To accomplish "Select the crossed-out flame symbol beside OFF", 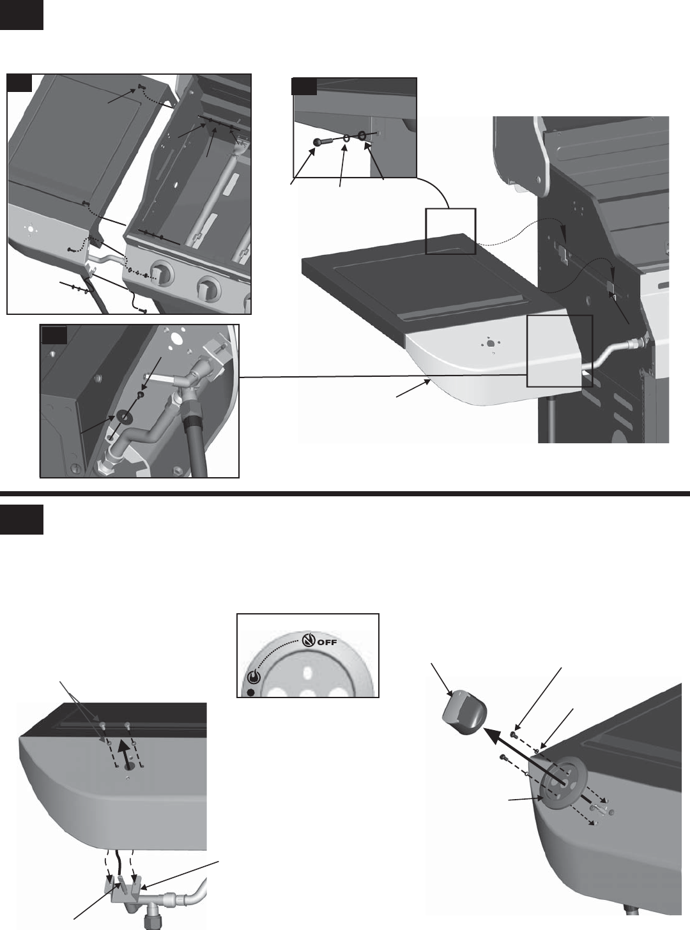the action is pos(308,641).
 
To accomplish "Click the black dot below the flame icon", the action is pos(251,693).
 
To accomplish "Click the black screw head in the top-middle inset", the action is pos(316,142).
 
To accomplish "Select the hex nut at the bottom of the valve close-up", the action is pos(103,465).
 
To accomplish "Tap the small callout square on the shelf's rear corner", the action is pos(450,231).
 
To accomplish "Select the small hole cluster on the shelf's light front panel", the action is pos(489,344).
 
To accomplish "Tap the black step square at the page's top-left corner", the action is pos(21,15).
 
